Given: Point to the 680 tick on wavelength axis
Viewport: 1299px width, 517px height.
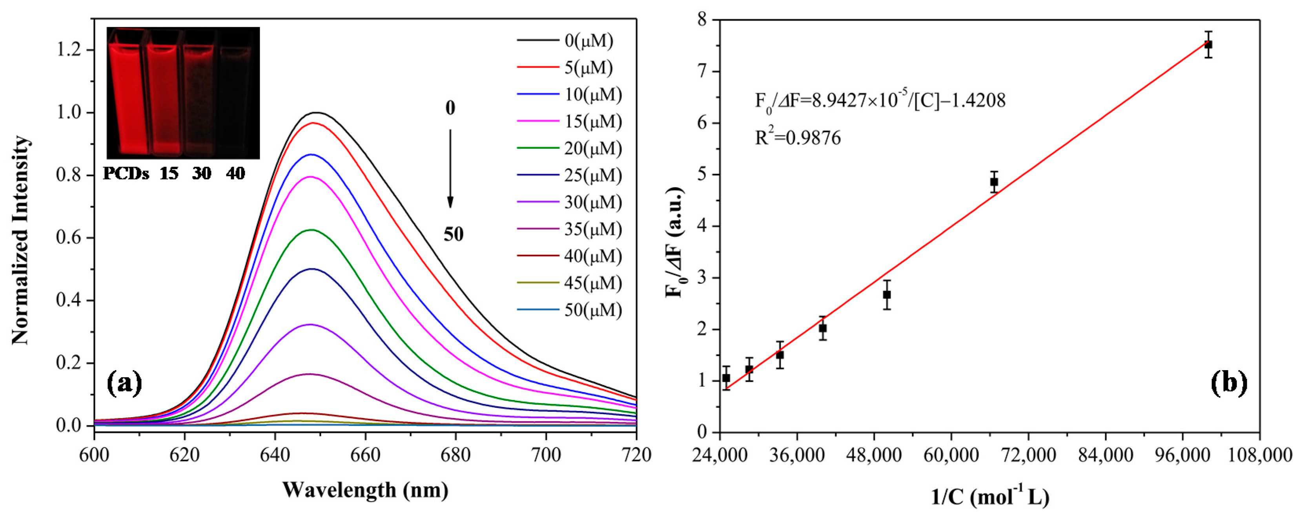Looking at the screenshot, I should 456,455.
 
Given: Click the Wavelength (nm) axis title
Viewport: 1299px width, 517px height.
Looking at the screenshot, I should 365,490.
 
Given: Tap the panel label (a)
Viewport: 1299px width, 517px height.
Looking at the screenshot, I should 124,384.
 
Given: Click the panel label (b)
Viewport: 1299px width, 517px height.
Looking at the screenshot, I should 1228,383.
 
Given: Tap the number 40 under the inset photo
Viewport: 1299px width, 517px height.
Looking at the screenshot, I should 235,174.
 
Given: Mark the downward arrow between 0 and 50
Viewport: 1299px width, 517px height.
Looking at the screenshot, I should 450,169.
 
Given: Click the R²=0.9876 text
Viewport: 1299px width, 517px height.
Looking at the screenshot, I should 798,137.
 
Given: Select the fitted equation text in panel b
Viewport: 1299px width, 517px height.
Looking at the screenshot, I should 880,101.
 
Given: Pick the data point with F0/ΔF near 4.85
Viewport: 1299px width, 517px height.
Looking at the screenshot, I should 994,182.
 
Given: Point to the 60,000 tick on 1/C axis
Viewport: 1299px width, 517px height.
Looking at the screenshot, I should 951,455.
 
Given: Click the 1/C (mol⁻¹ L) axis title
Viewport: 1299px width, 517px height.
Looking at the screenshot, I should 990,497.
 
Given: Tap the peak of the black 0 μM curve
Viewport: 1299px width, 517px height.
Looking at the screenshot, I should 317,113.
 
